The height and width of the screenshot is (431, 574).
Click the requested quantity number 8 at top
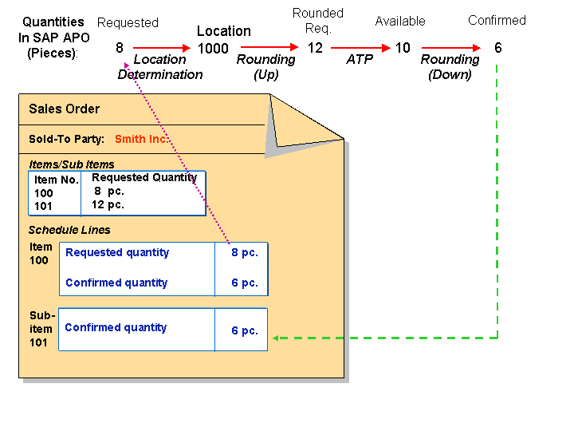120,48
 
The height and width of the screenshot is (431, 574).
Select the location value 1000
213,49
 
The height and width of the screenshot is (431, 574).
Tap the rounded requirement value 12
316,48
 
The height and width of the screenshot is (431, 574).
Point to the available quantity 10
403,48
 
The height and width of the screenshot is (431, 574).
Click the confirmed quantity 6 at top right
498,48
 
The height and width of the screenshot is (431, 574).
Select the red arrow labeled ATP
360,48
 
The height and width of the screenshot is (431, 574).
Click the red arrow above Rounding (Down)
451,48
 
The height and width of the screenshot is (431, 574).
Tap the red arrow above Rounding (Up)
269,48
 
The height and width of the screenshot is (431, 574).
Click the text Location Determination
159,67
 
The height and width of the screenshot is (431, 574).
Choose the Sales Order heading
65,109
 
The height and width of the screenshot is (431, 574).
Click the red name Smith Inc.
141,139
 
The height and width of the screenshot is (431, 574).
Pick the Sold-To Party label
66,139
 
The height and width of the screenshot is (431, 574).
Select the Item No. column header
56,180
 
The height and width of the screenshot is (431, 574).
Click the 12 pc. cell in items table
108,205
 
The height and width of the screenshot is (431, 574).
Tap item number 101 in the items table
44,206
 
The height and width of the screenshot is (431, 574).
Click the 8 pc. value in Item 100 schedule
244,253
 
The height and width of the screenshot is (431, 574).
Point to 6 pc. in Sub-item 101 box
245,331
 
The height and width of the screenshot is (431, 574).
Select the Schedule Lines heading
69,230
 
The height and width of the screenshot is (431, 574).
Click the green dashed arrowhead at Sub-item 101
275,338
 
